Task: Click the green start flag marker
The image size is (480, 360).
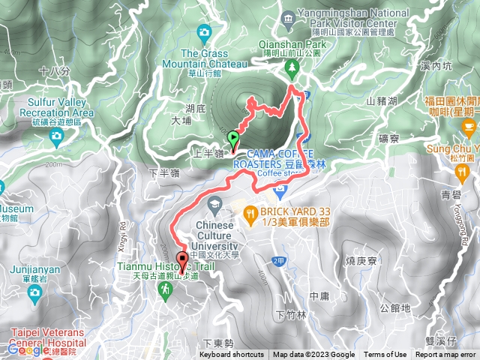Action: tap(233, 138)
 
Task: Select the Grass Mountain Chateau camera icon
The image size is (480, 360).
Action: tap(204, 31)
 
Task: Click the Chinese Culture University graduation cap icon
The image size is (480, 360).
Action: tap(215, 203)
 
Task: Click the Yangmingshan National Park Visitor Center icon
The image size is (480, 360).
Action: tap(289, 17)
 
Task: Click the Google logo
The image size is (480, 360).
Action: tap(28, 349)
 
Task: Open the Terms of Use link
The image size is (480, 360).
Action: tap(385, 355)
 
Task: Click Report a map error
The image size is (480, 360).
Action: tap(446, 355)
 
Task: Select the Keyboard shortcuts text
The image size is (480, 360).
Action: tap(232, 355)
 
